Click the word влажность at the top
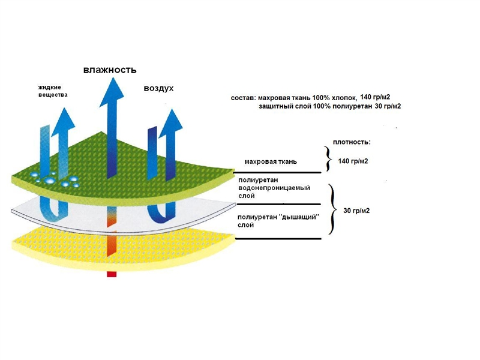(x=110, y=70)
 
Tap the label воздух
(x=158, y=88)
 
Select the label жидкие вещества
(x=53, y=91)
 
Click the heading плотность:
(x=352, y=142)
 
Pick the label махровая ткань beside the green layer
(x=271, y=161)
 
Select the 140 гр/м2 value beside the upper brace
(x=353, y=161)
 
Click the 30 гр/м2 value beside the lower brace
(x=356, y=211)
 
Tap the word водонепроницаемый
(x=274, y=188)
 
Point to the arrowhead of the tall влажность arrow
(x=112, y=92)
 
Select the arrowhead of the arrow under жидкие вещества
(x=64, y=122)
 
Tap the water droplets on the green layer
(x=55, y=179)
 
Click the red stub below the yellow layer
(x=112, y=274)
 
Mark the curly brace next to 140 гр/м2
(x=328, y=158)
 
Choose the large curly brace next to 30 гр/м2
(x=333, y=209)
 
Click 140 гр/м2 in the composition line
(x=376, y=97)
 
